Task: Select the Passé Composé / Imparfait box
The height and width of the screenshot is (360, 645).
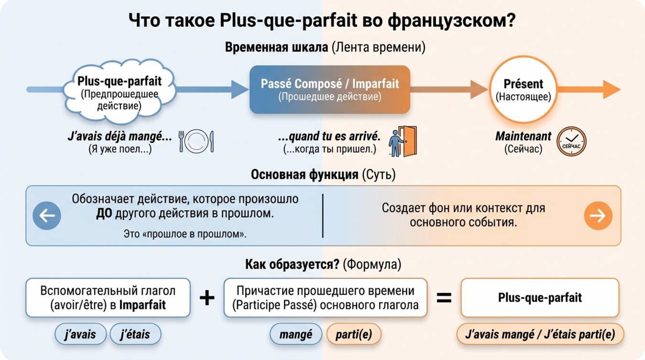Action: click(x=329, y=90)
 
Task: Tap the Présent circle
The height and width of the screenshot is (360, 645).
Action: click(x=523, y=90)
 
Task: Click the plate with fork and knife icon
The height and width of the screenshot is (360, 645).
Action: click(x=196, y=142)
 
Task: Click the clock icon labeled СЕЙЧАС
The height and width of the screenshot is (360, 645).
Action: click(x=571, y=142)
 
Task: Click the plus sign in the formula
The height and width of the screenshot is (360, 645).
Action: click(x=207, y=298)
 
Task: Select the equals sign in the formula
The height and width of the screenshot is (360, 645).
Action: click(x=444, y=298)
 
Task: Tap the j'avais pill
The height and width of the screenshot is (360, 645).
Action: click(x=81, y=335)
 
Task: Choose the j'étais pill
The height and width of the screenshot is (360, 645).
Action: click(x=135, y=335)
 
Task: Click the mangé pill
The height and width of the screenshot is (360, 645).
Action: click(x=296, y=335)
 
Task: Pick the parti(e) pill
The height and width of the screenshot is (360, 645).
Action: click(x=354, y=335)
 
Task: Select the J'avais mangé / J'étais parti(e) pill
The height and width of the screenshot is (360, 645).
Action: click(x=540, y=335)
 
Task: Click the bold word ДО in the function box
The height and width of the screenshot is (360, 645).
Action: click(x=103, y=213)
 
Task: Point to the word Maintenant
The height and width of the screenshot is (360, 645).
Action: click(x=523, y=136)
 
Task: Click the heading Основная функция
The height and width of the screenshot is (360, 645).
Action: click(x=305, y=175)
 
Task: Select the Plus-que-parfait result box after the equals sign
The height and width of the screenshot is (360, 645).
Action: click(x=540, y=298)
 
